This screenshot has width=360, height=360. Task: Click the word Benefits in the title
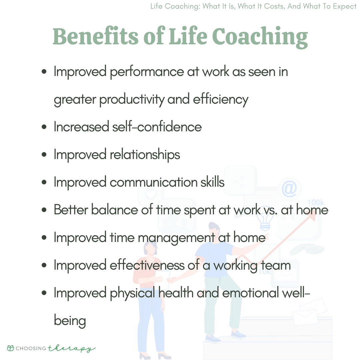[x=96, y=36]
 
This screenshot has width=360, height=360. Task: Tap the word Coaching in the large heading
[x=260, y=37]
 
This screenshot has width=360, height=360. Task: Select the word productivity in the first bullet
[x=132, y=100]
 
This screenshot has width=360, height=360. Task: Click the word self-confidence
[x=157, y=127]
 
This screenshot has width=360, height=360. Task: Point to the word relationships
[x=145, y=155]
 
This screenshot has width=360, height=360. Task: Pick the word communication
[x=154, y=182]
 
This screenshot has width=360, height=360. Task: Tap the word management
[x=176, y=238]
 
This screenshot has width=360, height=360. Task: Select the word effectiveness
[x=147, y=265]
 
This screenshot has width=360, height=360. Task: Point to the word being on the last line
[x=70, y=321]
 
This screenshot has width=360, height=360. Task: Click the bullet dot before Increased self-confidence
[x=44, y=127]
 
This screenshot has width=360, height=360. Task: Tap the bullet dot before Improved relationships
[x=44, y=155]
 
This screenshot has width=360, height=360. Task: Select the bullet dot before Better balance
[x=44, y=210]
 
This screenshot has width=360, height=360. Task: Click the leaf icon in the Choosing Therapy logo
[x=11, y=348]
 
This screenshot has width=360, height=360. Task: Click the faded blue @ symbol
[x=289, y=189]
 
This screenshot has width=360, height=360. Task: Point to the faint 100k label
[x=316, y=203]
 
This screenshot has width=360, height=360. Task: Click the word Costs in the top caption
[x=274, y=6]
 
